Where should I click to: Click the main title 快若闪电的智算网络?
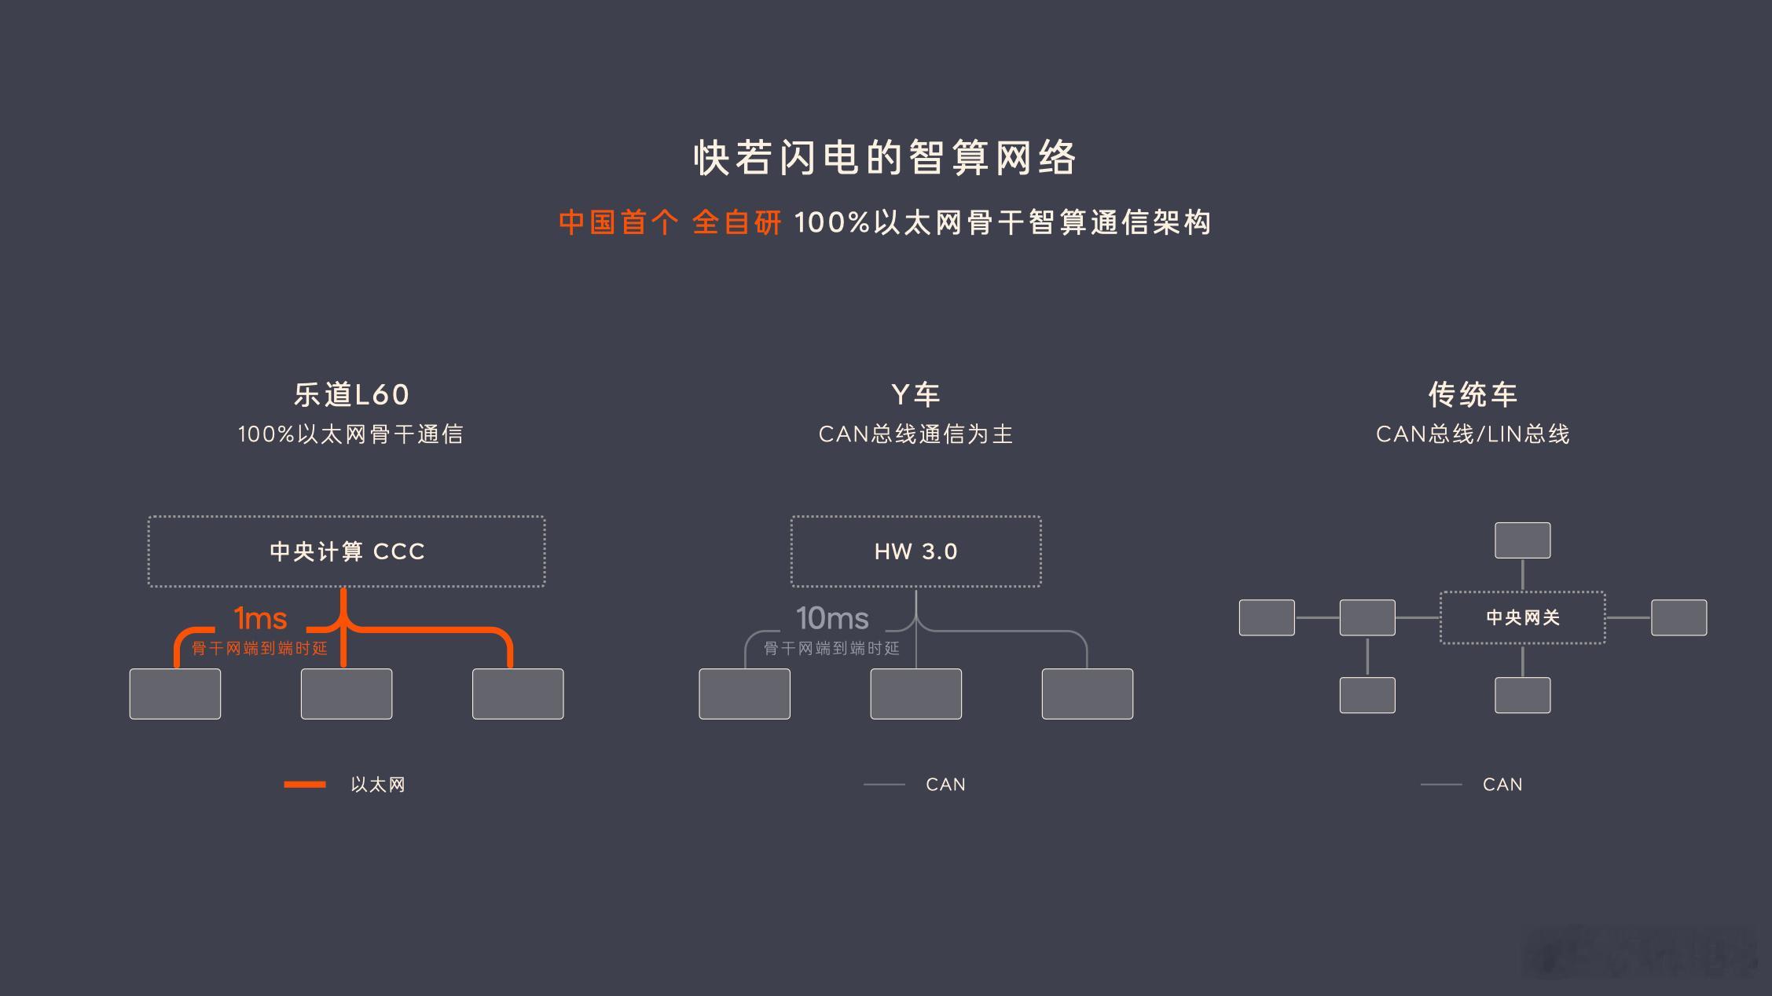(x=885, y=158)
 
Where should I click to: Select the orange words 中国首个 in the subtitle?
(x=618, y=222)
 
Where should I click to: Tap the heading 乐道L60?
(x=351, y=394)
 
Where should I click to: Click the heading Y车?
(x=915, y=394)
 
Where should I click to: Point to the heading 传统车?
(x=1473, y=394)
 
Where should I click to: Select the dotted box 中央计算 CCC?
(x=347, y=551)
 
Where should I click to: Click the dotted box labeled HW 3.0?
(x=916, y=551)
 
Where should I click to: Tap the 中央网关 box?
(x=1523, y=617)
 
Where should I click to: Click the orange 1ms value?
(x=261, y=619)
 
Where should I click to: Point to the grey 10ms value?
(x=832, y=619)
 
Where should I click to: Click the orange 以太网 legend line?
(x=305, y=784)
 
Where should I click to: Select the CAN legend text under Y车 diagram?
(x=945, y=785)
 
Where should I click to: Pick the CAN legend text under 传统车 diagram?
(x=1502, y=785)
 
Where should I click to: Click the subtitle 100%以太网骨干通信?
(x=350, y=434)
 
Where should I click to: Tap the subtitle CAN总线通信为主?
(x=915, y=434)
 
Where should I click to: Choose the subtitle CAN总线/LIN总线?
(x=1473, y=434)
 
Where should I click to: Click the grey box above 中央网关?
(x=1523, y=540)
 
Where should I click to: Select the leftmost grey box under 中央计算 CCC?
(x=175, y=694)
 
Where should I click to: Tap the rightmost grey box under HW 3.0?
(x=1088, y=694)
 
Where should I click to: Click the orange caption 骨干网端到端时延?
(x=259, y=649)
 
